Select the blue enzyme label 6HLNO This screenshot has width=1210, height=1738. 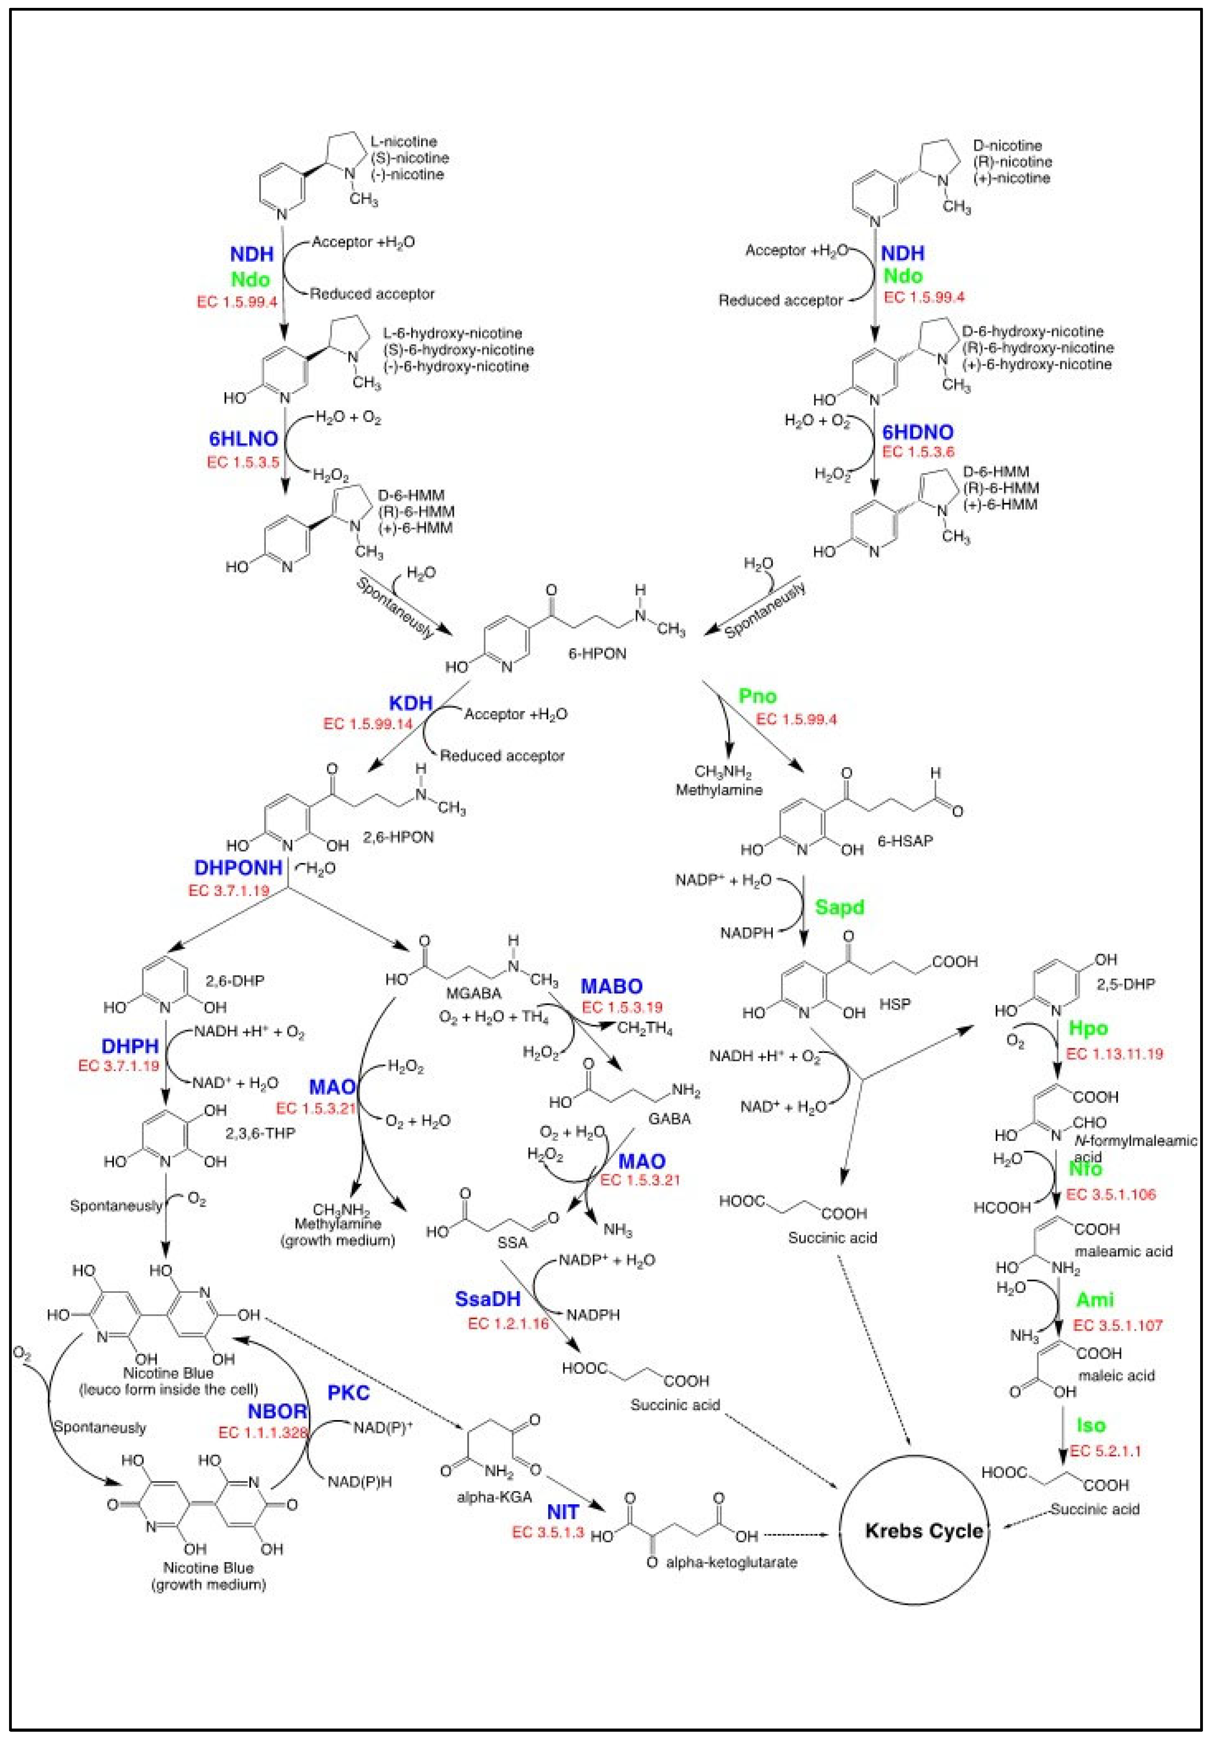coord(243,439)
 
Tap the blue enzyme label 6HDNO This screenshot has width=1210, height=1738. coord(918,432)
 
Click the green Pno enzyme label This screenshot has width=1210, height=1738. coord(757,696)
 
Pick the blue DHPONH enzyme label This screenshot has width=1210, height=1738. coord(238,867)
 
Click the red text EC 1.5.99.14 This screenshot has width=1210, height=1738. coord(369,724)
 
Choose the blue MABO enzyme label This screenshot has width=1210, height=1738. coord(611,986)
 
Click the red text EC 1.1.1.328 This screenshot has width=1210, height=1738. coord(263,1432)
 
